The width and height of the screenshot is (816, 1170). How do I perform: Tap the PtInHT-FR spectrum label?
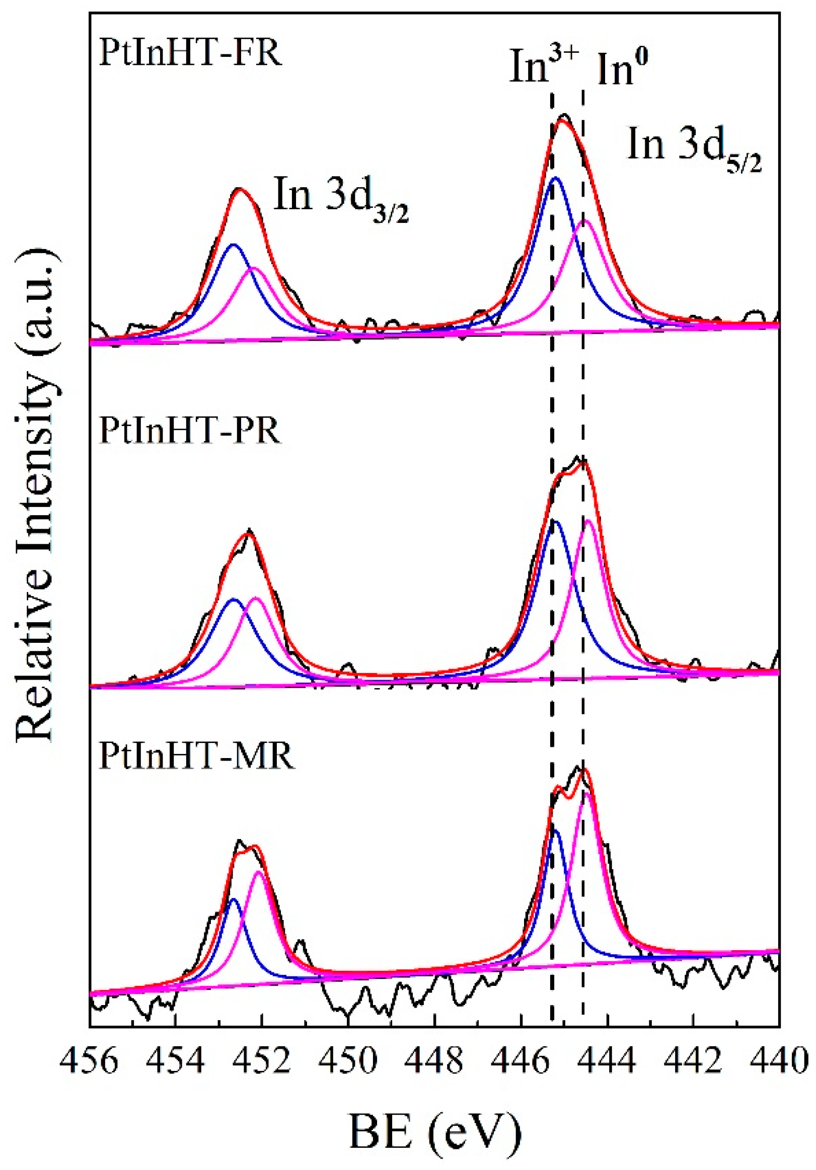pos(190,53)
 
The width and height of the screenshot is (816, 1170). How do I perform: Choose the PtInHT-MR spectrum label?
pos(196,756)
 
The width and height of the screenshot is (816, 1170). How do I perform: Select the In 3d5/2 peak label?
pos(694,146)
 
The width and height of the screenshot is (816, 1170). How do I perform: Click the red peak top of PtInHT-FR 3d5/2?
pos(562,120)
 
